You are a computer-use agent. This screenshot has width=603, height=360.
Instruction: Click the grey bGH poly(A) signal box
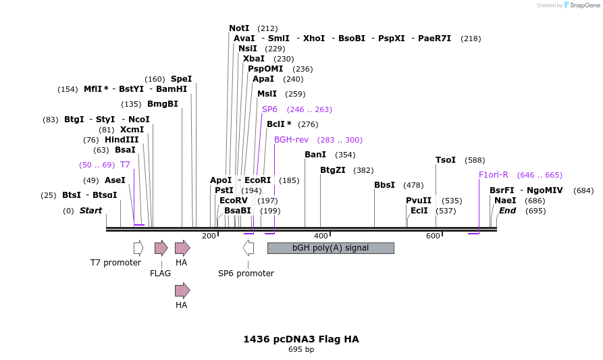(330, 248)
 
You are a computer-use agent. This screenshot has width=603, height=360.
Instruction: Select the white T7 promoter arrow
(138, 248)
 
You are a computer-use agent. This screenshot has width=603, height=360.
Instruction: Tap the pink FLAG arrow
(161, 248)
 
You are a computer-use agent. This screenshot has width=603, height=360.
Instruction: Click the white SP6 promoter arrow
(248, 248)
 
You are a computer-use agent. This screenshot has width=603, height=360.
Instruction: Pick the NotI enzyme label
(239, 28)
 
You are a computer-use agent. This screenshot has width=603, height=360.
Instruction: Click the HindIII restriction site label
(122, 140)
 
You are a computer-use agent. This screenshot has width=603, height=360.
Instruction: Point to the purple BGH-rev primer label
(291, 140)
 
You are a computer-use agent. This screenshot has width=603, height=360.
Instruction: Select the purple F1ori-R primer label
(493, 175)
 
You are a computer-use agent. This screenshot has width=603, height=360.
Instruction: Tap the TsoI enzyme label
(446, 160)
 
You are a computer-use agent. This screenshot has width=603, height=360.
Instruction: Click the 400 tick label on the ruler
(321, 236)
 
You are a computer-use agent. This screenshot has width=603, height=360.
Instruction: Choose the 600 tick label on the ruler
(433, 236)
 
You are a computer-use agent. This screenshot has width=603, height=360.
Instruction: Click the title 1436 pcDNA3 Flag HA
(301, 339)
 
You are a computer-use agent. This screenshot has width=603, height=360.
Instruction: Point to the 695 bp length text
(301, 350)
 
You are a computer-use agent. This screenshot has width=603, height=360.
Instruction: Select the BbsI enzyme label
(385, 185)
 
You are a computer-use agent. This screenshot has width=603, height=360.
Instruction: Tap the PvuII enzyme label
(419, 201)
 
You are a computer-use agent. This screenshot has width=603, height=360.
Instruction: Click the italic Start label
(90, 211)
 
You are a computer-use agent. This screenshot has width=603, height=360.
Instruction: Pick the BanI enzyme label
(315, 155)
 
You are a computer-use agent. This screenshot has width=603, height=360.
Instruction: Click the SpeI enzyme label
(181, 79)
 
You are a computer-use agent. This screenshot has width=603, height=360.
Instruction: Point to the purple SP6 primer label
(269, 109)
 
